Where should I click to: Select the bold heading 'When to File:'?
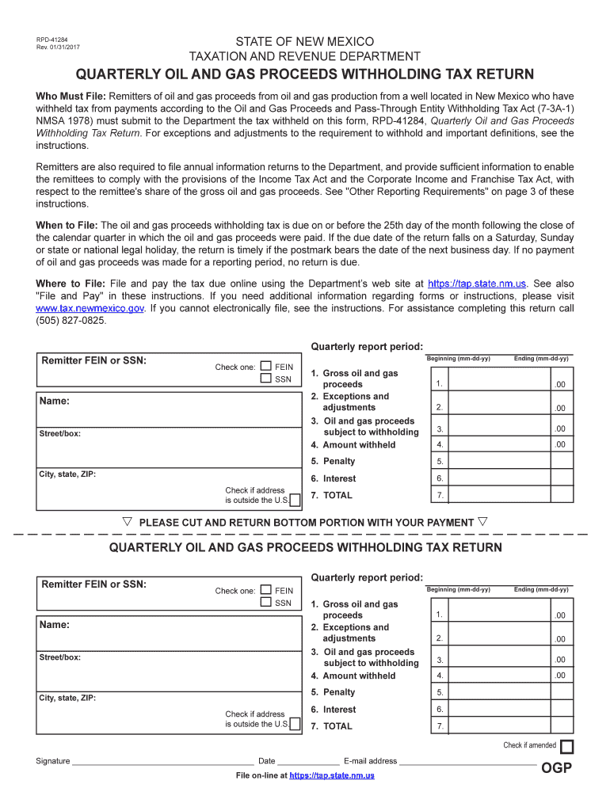click(67, 226)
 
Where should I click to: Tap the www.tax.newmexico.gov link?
click(90, 308)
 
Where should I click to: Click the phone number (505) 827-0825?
click(71, 320)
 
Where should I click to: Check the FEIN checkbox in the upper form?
click(266, 367)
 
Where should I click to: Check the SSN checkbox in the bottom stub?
click(266, 603)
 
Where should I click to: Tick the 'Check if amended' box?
click(566, 747)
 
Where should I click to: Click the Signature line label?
click(52, 761)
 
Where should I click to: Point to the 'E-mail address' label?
click(370, 761)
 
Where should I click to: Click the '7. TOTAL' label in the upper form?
click(332, 496)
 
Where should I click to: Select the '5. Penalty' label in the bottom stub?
click(333, 692)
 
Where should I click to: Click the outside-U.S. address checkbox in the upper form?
click(295, 500)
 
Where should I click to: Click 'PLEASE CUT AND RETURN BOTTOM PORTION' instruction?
click(307, 523)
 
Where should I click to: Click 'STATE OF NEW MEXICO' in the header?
click(304, 41)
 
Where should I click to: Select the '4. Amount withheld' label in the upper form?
click(353, 445)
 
